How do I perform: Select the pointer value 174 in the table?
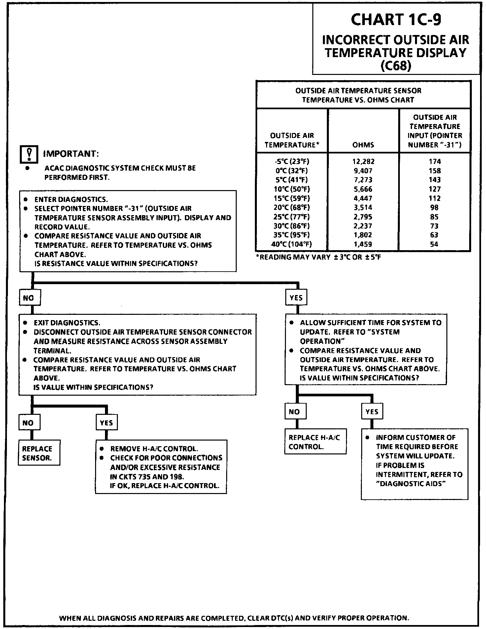[x=434, y=161]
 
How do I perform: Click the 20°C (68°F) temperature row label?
[x=292, y=208]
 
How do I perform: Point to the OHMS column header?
[x=363, y=145]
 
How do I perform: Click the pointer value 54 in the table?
[x=434, y=245]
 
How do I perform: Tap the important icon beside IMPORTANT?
[x=29, y=154]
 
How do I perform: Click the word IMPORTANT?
[x=71, y=154]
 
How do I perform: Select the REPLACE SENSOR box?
[x=39, y=453]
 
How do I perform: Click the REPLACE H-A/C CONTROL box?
[x=315, y=442]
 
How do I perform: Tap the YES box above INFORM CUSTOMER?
[x=372, y=412]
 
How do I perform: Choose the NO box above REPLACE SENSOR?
[x=29, y=423]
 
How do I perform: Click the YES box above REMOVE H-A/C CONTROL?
[x=107, y=423]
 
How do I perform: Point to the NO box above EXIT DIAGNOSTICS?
[x=29, y=298]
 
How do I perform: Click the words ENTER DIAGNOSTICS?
[x=71, y=199]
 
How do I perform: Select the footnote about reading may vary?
[x=318, y=257]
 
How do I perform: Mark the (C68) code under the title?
[x=396, y=66]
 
